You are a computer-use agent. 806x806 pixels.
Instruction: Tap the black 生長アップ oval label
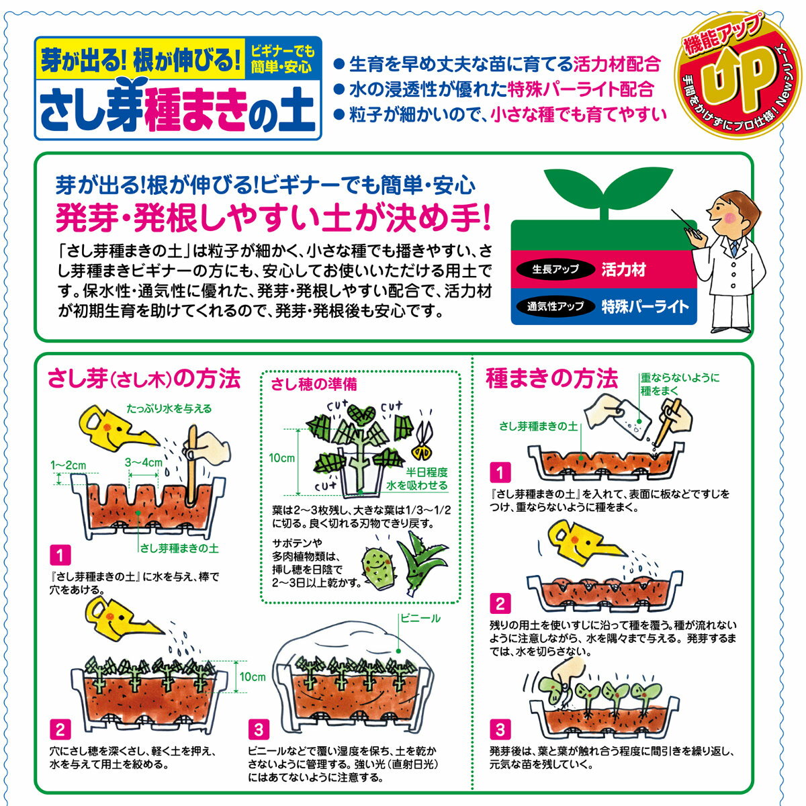[x=555, y=269]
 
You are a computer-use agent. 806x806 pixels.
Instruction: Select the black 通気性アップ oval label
[x=555, y=306]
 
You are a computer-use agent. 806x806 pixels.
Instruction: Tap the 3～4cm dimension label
[x=143, y=462]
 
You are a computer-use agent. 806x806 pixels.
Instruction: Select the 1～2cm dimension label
[x=69, y=465]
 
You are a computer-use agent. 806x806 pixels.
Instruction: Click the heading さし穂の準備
[x=314, y=384]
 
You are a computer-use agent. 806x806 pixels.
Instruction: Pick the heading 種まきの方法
[x=551, y=379]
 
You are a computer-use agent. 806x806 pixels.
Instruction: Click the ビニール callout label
[x=420, y=618]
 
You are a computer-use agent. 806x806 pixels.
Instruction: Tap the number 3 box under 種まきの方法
[x=500, y=730]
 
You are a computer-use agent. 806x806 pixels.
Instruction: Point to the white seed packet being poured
[x=633, y=420]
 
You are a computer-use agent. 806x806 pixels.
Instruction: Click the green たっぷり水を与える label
[x=169, y=408]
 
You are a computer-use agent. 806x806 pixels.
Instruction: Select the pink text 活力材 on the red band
[x=623, y=269]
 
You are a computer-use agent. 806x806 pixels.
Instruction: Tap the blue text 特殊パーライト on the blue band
[x=645, y=306]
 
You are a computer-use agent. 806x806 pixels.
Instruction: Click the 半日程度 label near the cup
[x=427, y=472]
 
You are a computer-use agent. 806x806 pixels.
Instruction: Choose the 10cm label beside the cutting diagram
[x=282, y=458]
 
